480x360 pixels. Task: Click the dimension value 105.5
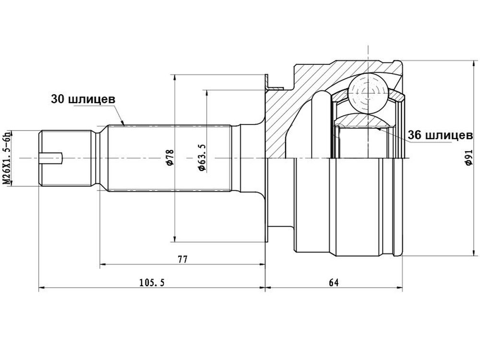pos(152,282)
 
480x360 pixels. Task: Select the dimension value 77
pos(182,259)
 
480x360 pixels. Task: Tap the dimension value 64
pos(334,282)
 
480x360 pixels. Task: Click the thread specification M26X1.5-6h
pos(6,157)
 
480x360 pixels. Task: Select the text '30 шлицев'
pos(83,99)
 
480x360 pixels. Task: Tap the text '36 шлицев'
pos(440,135)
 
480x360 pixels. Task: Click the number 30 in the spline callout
pos(57,99)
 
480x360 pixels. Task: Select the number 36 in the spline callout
pos(414,135)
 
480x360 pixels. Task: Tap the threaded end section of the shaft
pos(65,158)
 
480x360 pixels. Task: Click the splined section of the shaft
pos(169,158)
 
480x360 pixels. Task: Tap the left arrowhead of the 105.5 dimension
pos(42,288)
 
